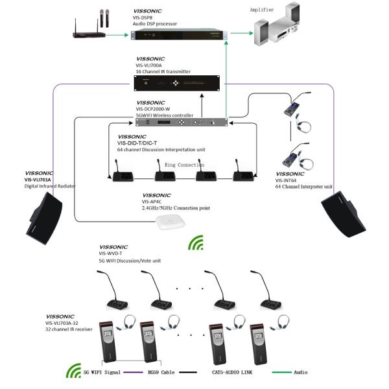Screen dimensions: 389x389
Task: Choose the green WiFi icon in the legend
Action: [x=72, y=372]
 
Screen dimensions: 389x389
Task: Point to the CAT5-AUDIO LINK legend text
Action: [x=228, y=373]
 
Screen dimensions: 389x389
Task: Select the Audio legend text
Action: [x=300, y=373]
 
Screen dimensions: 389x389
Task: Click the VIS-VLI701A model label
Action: [x=39, y=180]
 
